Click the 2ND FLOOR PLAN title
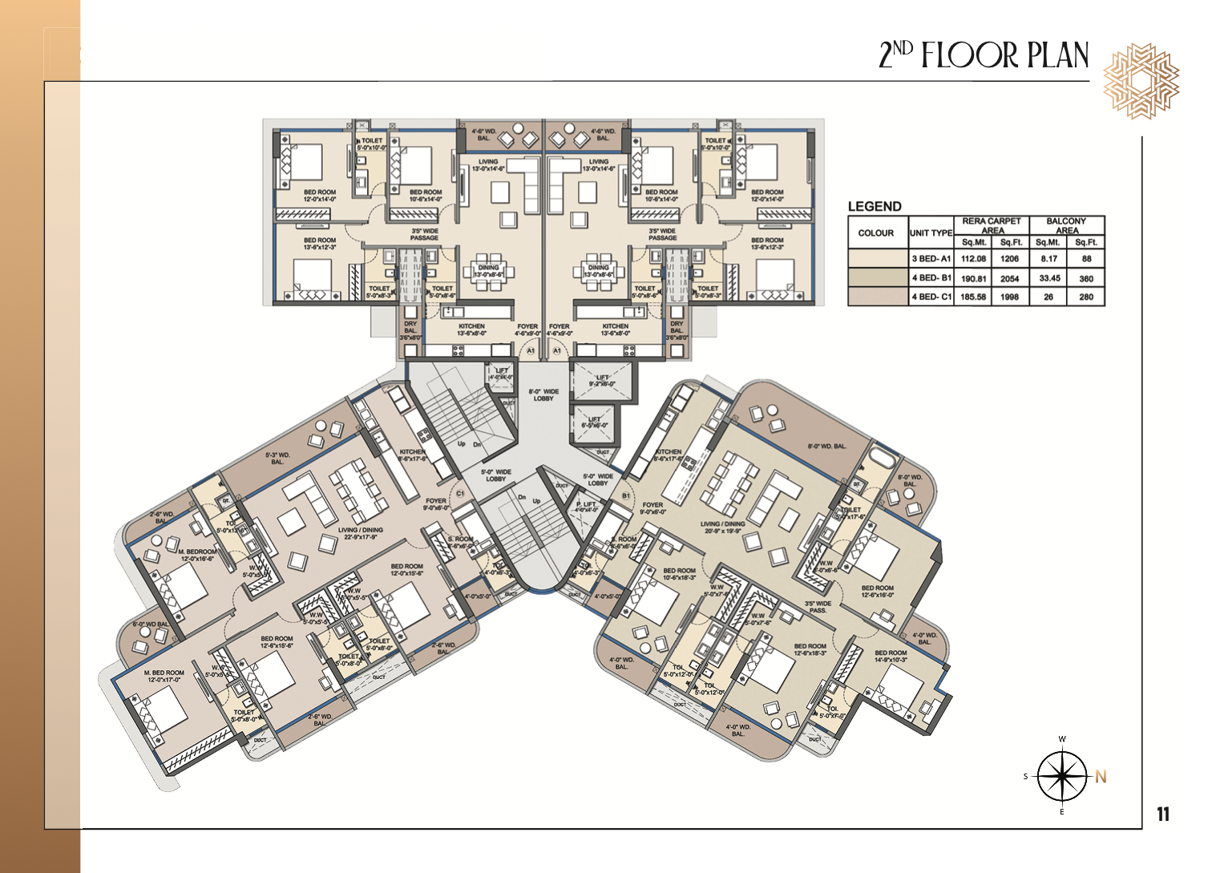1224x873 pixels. (984, 55)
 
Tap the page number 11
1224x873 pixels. (1163, 814)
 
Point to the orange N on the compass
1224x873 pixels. (1101, 776)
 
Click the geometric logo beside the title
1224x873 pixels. (1140, 81)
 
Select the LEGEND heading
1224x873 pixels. (875, 206)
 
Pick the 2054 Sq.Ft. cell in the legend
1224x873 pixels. (1010, 278)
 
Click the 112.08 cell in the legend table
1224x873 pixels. (973, 259)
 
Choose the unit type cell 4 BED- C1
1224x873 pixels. (931, 297)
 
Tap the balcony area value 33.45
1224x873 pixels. (1048, 278)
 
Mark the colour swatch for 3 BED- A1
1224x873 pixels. (877, 259)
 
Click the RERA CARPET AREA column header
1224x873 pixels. (992, 225)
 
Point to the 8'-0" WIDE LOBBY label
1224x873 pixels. (543, 395)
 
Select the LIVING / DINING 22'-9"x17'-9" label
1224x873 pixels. (360, 534)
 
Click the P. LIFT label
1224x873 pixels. (586, 507)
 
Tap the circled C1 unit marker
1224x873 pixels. (460, 494)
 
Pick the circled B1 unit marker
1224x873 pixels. (626, 496)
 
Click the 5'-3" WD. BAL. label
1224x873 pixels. (277, 459)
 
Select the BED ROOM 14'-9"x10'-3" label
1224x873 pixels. (891, 657)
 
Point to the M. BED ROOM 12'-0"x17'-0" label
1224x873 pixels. (164, 676)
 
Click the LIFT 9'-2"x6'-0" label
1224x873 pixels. (602, 380)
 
